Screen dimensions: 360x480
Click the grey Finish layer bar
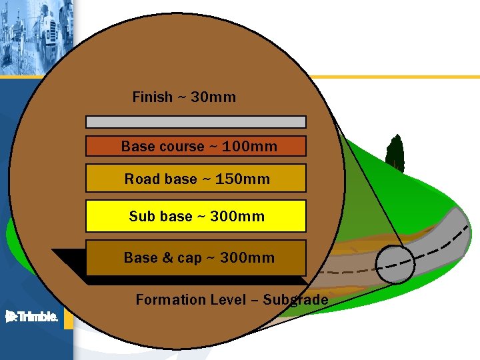[x=196, y=122]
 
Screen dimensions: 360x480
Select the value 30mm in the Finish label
[x=213, y=97]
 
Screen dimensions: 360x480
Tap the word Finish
[x=152, y=97]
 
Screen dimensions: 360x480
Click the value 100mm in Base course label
[x=250, y=147]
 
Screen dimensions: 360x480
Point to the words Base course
[x=163, y=147]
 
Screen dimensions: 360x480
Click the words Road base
[x=161, y=179]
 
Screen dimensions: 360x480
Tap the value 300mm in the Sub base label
[x=237, y=217]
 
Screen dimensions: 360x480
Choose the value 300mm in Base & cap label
[x=247, y=258]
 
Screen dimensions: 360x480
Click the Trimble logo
[x=31, y=317]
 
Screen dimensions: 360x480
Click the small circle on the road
[x=395, y=263]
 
